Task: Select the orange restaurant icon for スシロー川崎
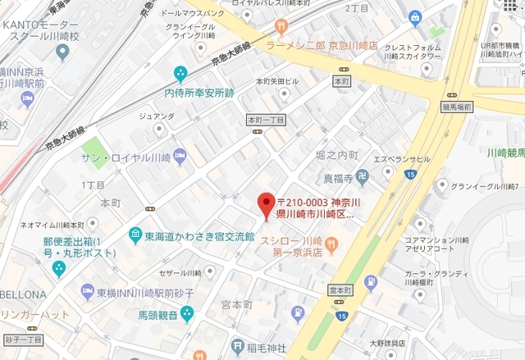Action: [x=331, y=243]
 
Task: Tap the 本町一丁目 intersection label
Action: [x=266, y=120]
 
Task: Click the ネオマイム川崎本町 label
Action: [x=52, y=224]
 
